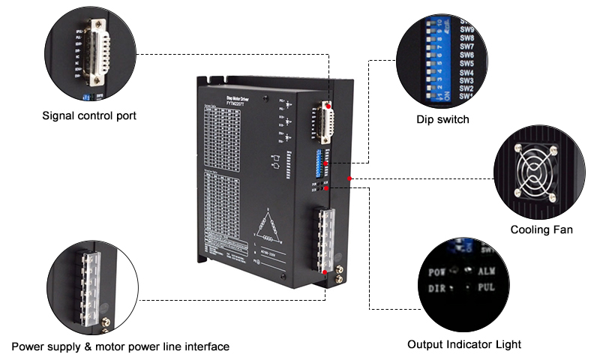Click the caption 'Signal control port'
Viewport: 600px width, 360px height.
[x=89, y=115]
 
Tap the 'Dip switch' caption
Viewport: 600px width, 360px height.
[x=442, y=119]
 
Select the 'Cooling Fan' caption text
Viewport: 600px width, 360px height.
[x=541, y=229]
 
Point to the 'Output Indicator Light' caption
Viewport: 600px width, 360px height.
[x=464, y=344]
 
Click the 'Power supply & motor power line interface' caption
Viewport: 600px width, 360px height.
[x=121, y=346]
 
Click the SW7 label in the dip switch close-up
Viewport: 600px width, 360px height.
[x=466, y=55]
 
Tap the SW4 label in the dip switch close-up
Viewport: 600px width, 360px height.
[x=466, y=73]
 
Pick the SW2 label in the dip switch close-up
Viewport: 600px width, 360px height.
[x=465, y=88]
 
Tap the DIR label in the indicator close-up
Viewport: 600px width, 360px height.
[x=437, y=288]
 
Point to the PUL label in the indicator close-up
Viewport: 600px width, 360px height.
[x=485, y=287]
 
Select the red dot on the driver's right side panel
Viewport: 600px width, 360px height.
[x=349, y=178]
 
